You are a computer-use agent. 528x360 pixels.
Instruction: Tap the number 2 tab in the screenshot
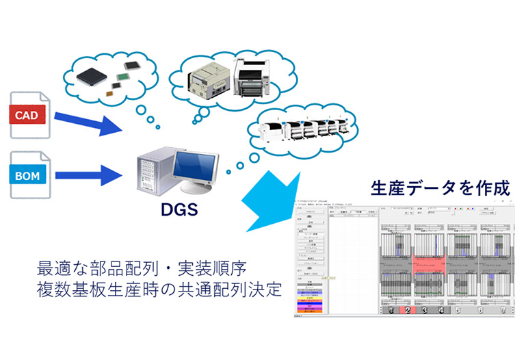pos(408,310)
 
